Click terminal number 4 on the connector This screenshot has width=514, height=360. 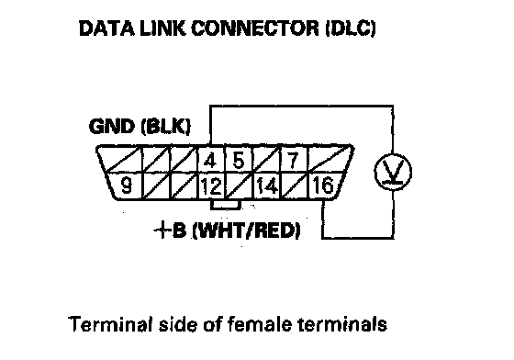(x=210, y=160)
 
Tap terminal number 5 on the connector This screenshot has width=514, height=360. (x=239, y=160)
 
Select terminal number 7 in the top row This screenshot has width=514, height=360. (x=293, y=160)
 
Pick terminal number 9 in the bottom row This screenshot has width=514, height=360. (x=126, y=186)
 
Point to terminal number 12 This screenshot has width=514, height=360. (x=211, y=186)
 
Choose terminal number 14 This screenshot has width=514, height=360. (x=267, y=186)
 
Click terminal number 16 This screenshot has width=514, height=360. (x=323, y=186)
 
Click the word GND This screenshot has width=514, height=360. (x=112, y=126)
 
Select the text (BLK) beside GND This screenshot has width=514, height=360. (x=165, y=126)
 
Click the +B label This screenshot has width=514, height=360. (x=170, y=230)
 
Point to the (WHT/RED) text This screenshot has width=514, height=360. (x=246, y=231)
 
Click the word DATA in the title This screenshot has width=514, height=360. (x=106, y=28)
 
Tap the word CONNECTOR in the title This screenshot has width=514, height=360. (x=255, y=28)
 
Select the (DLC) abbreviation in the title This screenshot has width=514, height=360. (x=350, y=28)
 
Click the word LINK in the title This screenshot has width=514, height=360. (x=163, y=28)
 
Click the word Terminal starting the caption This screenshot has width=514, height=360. (x=110, y=324)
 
